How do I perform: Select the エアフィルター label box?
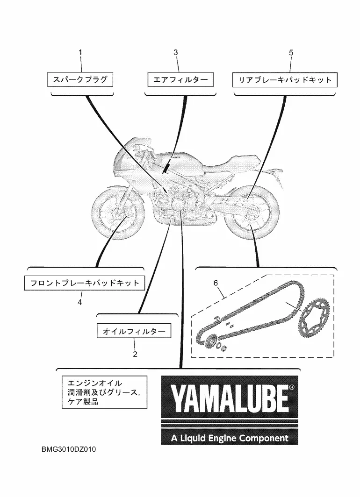click(177, 79)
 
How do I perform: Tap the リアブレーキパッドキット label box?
click(285, 79)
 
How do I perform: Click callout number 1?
click(80, 53)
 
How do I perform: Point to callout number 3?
click(176, 53)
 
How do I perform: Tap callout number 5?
click(291, 53)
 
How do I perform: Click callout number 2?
click(135, 354)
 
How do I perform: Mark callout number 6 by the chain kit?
click(216, 283)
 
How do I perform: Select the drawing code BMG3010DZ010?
click(70, 451)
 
